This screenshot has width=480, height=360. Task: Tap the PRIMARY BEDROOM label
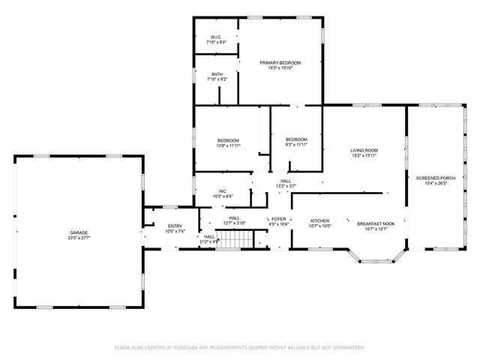pyautogui.click(x=280, y=62)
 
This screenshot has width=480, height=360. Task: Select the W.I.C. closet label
pyautogui.click(x=215, y=37)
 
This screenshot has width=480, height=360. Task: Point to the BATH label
pyautogui.click(x=217, y=73)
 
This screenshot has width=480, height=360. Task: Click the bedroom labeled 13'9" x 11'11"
pyautogui.click(x=228, y=140)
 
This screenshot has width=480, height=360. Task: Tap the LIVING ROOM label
pyautogui.click(x=364, y=151)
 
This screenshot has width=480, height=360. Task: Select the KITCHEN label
pyautogui.click(x=320, y=220)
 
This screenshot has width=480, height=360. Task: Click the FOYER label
pyautogui.click(x=278, y=218)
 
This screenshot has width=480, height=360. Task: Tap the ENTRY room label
pyautogui.click(x=175, y=226)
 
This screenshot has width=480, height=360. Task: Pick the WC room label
pyautogui.click(x=223, y=191)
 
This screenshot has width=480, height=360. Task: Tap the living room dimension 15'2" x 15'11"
pyautogui.click(x=364, y=157)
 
